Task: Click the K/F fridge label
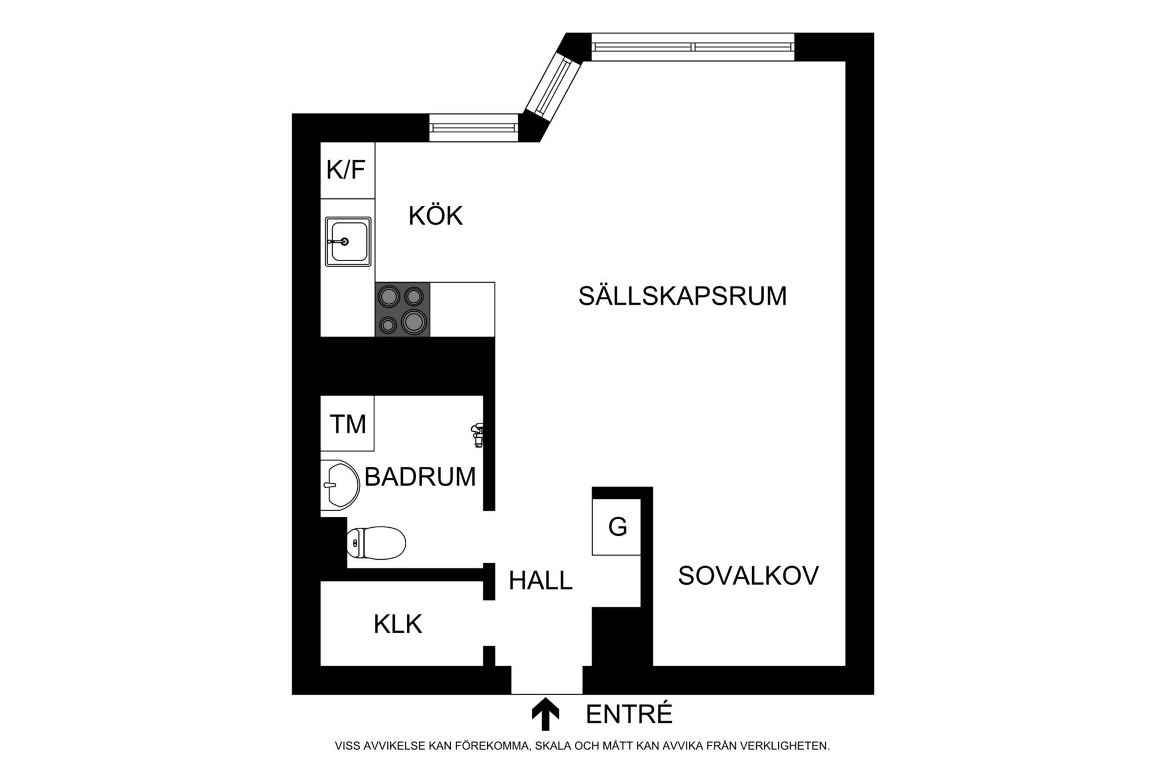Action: point(346,170)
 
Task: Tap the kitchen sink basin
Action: point(348,242)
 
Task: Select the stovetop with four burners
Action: point(402,309)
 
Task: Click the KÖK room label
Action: point(436,217)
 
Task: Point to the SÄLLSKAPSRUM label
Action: point(682,296)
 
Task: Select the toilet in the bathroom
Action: point(376,541)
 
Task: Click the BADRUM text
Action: point(420,477)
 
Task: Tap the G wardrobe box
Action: point(617,527)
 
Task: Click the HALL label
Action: point(540,581)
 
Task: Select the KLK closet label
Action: point(398,625)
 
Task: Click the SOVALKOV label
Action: point(748,576)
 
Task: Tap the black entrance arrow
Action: point(545,714)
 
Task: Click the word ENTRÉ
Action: point(629,714)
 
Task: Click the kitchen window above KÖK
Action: point(474,128)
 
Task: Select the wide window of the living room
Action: point(693,47)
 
